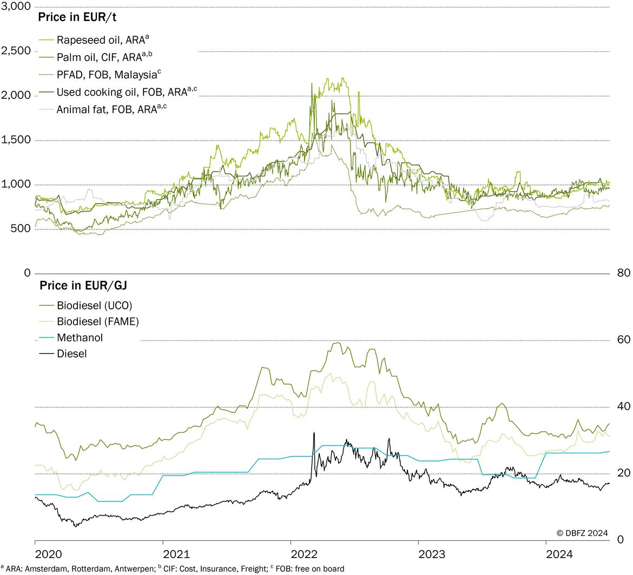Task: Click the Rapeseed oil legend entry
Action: pos(94,39)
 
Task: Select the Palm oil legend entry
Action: pos(96,57)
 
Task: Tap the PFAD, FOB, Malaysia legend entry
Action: pos(100,74)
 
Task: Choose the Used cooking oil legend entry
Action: pos(118,91)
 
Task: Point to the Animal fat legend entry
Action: pos(103,109)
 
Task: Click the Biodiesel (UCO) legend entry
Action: pos(85,306)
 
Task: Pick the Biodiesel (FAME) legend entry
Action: pos(89,322)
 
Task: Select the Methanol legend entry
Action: pos(71,338)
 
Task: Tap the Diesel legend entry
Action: pos(63,354)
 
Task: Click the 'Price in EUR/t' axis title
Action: pos(77,17)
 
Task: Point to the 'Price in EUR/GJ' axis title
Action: pos(83,285)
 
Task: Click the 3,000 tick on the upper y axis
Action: pos(16,6)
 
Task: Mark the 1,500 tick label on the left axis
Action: pos(16,140)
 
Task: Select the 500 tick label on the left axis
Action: pos(21,228)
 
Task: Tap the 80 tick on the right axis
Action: pos(624,273)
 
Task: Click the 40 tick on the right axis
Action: pos(624,406)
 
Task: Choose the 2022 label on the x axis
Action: pos(304,554)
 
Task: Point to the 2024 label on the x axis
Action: pos(559,554)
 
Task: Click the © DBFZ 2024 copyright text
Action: pos(582,533)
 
